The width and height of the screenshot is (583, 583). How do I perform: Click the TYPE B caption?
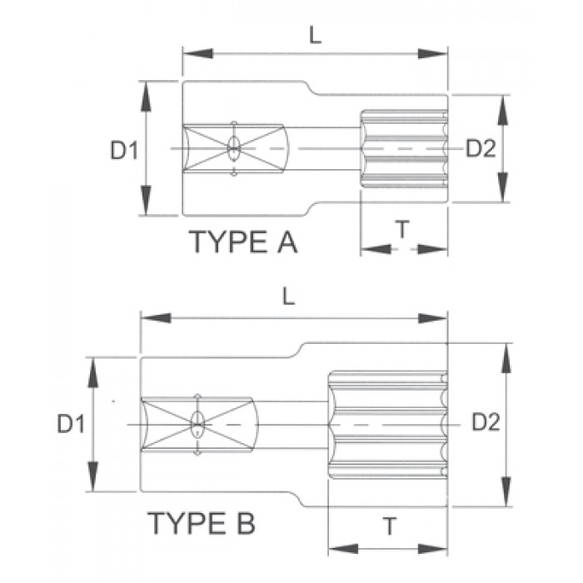pyautogui.click(x=202, y=523)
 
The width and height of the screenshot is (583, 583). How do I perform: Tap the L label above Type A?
pyautogui.click(x=316, y=36)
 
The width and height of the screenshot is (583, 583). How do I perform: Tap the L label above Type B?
pyautogui.click(x=288, y=297)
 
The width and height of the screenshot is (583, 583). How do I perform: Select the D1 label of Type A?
pyautogui.click(x=124, y=151)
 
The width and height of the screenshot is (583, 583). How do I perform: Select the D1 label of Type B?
pyautogui.click(x=71, y=424)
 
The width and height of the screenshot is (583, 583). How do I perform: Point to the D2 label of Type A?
pyautogui.click(x=481, y=148)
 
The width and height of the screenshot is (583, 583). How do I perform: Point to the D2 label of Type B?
pyautogui.click(x=486, y=422)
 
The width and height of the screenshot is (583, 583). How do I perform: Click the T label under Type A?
pyautogui.click(x=402, y=229)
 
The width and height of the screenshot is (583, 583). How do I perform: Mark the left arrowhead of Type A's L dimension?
pyautogui.click(x=198, y=53)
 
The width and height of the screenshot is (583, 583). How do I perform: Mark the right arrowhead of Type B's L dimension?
pyautogui.click(x=432, y=318)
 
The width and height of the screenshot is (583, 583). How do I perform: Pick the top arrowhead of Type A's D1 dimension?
pyautogui.click(x=146, y=96)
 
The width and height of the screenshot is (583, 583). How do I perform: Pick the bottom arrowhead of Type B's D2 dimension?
pyautogui.click(x=506, y=491)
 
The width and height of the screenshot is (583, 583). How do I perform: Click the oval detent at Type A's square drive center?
pyautogui.click(x=233, y=148)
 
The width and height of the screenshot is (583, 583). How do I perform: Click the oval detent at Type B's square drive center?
pyautogui.click(x=197, y=424)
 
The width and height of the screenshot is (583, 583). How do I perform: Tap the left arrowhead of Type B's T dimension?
pyautogui.click(x=343, y=548)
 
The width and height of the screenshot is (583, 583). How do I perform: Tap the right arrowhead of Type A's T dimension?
pyautogui.click(x=432, y=249)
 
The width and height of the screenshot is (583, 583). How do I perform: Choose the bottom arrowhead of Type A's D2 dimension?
pyautogui.click(x=503, y=187)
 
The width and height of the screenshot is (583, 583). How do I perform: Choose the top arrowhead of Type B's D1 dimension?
pyautogui.click(x=93, y=372)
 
